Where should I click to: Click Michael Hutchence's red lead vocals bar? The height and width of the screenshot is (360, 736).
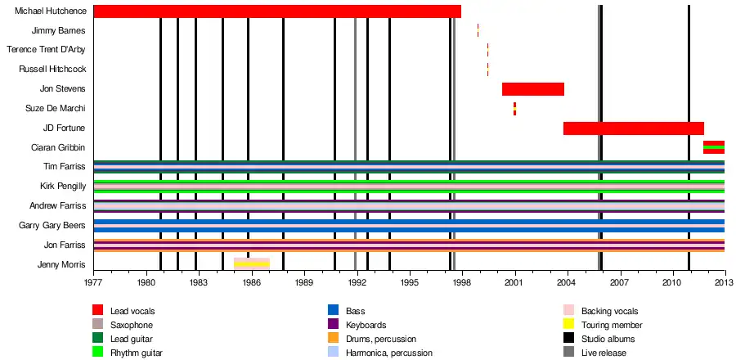277,11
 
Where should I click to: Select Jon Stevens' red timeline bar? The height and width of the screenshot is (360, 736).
532,89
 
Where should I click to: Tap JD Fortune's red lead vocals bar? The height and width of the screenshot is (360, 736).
633,128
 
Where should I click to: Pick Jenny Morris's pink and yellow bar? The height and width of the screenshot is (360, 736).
252,263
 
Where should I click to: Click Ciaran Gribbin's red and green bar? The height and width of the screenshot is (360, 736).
713,147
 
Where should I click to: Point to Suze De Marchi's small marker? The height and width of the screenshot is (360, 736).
514,109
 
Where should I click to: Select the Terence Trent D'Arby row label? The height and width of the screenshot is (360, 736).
47,50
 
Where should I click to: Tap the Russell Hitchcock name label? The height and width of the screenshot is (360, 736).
52,70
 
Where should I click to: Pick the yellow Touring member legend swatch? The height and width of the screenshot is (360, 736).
568,325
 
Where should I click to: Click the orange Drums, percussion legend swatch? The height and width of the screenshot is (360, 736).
333,339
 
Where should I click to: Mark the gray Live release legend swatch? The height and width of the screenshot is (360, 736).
568,353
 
